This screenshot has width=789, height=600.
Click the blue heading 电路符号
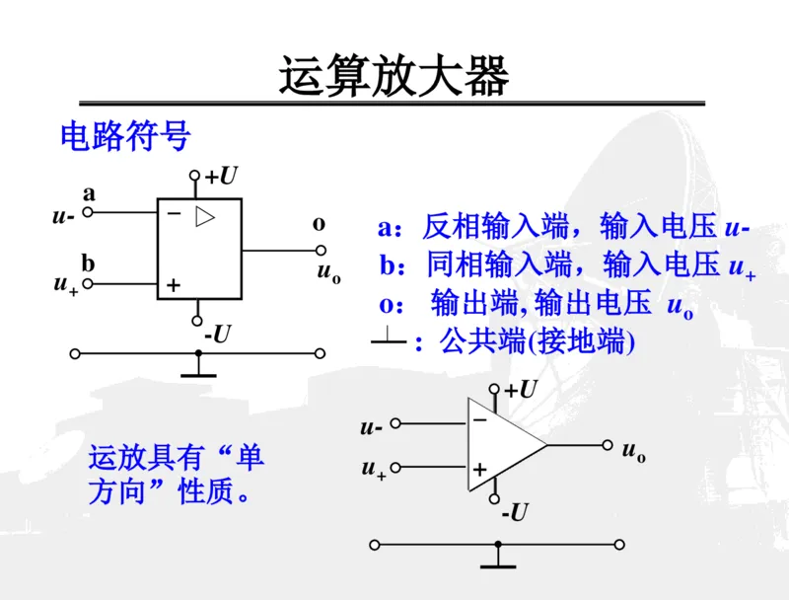[x=125, y=136]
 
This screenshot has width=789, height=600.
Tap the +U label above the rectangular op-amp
[x=222, y=177]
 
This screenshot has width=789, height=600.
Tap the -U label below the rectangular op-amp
[x=217, y=335]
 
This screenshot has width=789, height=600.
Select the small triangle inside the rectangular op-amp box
[x=204, y=216]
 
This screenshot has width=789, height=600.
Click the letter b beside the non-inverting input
[x=88, y=263]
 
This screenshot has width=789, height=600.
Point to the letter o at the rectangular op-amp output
[x=319, y=224]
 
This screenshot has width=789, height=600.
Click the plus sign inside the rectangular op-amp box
[x=173, y=284]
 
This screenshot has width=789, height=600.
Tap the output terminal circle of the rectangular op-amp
[x=321, y=250]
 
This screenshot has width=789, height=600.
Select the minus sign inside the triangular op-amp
[x=480, y=419]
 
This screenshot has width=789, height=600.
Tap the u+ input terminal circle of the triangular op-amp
[x=396, y=468]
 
